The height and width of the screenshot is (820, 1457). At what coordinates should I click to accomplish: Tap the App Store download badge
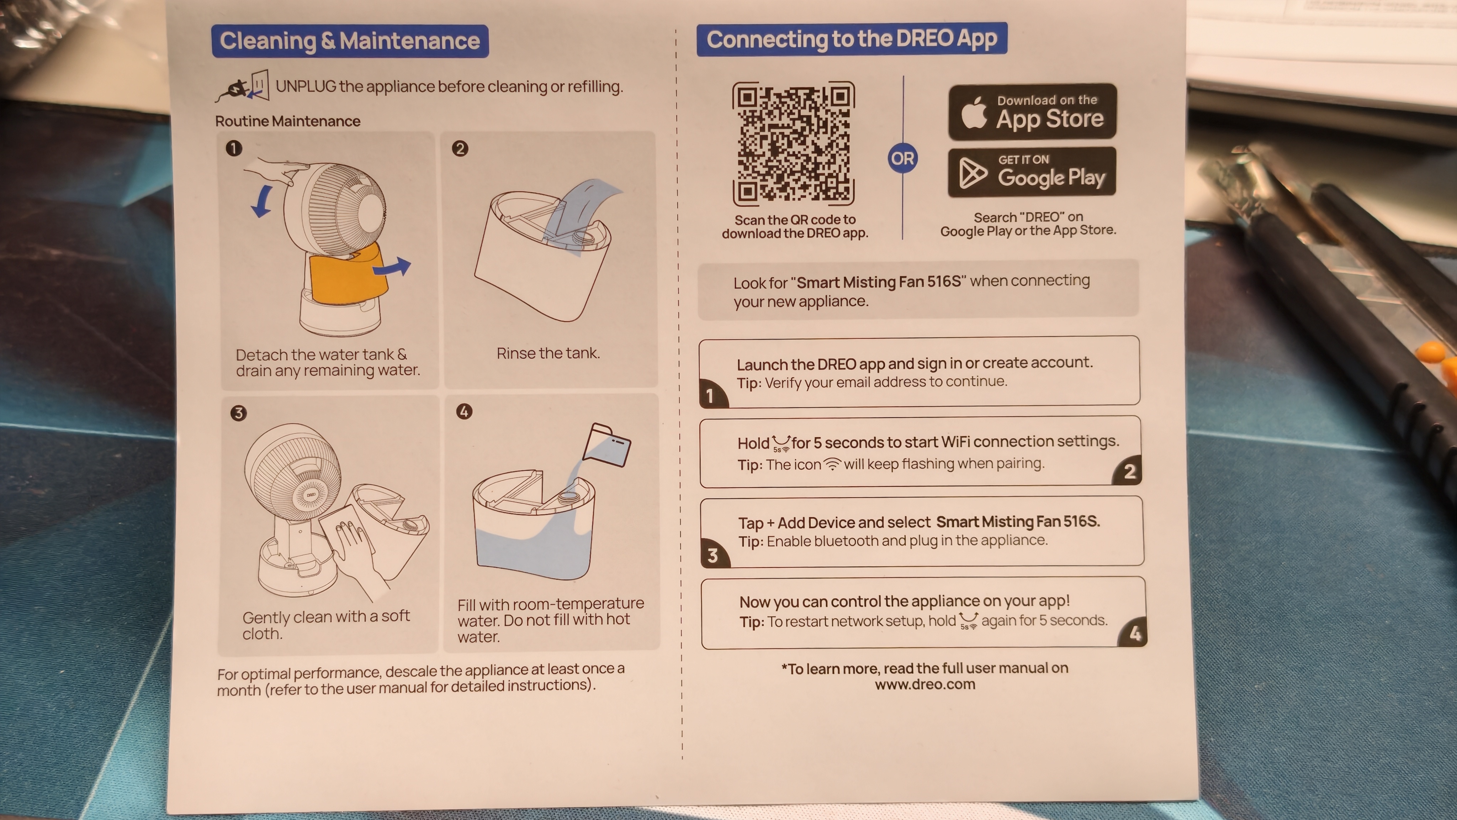click(1032, 111)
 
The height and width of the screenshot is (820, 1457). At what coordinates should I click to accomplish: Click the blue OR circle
click(903, 158)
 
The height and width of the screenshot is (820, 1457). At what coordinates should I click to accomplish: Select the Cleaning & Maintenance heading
click(350, 41)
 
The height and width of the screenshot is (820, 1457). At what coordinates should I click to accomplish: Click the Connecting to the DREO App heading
click(852, 39)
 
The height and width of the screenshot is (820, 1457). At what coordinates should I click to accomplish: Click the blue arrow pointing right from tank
click(392, 267)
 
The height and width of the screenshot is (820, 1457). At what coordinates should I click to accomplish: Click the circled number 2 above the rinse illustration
click(460, 149)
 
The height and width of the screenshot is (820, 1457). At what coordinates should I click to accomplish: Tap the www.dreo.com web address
click(925, 684)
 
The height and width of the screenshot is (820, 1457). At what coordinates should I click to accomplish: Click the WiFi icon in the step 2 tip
click(832, 464)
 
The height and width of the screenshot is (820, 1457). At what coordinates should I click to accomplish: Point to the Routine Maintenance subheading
click(287, 121)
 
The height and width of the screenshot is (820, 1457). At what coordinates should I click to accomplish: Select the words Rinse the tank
click(548, 353)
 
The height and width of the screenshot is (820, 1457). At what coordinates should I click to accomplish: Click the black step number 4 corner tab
click(1133, 633)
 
